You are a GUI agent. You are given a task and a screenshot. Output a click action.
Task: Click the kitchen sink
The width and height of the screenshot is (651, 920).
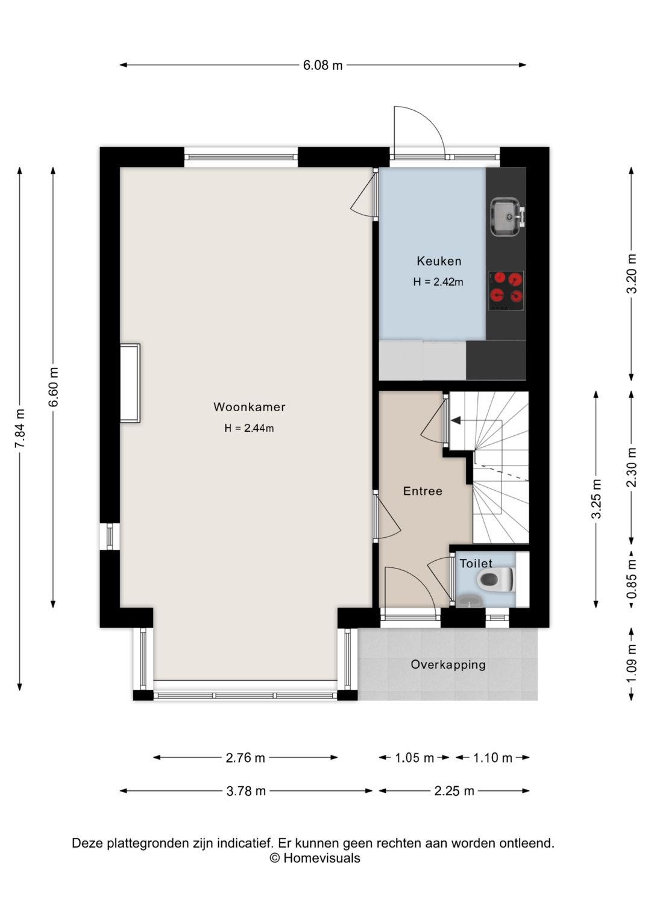pyautogui.click(x=508, y=217)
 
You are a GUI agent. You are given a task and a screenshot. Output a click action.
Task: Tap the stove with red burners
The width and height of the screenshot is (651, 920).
pyautogui.click(x=506, y=291)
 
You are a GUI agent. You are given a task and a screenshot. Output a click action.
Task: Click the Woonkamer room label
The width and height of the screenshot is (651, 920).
pyautogui.click(x=250, y=407)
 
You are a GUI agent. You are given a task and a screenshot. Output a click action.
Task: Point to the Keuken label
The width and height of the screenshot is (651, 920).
pyautogui.click(x=439, y=261)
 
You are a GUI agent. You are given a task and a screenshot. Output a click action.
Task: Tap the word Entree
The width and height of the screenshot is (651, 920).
pyautogui.click(x=423, y=491)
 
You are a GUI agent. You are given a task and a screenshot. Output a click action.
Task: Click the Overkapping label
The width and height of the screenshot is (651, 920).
pyautogui.click(x=448, y=664)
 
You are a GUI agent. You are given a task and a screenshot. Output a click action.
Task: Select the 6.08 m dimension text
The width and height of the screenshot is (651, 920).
pyautogui.click(x=323, y=65)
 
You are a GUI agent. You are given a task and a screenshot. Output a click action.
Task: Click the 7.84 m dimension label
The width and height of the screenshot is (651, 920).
pyautogui.click(x=20, y=429)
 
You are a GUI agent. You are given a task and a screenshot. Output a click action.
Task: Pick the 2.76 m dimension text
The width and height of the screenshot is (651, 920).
pyautogui.click(x=245, y=758)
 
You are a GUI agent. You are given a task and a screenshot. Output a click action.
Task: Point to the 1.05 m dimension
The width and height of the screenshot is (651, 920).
pyautogui.click(x=415, y=758)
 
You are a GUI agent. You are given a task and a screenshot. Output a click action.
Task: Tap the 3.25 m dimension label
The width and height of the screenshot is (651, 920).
pyautogui.click(x=596, y=499)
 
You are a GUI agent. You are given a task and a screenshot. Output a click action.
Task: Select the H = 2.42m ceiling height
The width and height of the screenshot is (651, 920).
pyautogui.click(x=438, y=282)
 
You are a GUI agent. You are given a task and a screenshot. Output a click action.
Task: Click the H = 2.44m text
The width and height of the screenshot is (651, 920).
pyautogui.click(x=249, y=428)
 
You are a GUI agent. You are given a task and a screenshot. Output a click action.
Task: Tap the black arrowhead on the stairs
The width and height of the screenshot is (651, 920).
pyautogui.click(x=456, y=420)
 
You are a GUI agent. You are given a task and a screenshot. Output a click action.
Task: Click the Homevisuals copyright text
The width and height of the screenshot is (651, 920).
pyautogui.click(x=315, y=858)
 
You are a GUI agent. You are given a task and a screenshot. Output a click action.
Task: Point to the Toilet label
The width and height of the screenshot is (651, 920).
pyautogui.click(x=476, y=563)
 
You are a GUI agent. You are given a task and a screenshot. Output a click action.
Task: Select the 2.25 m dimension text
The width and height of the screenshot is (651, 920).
pyautogui.click(x=454, y=790)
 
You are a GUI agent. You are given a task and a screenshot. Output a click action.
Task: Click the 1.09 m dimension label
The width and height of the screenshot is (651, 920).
pyautogui.click(x=632, y=663)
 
